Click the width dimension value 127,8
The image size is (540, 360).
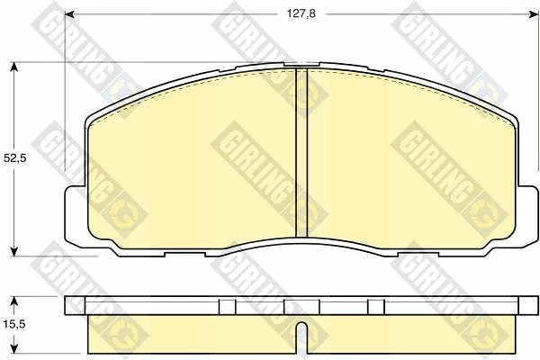301,13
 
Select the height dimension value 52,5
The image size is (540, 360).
15,158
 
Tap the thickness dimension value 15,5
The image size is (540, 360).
14,324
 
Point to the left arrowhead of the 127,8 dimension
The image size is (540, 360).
69,14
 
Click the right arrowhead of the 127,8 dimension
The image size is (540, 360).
534,14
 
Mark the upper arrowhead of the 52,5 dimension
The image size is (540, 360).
13,67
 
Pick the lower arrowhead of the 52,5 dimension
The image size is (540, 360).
13,251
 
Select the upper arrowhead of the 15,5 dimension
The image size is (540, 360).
13,301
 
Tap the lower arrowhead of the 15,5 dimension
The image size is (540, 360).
13,348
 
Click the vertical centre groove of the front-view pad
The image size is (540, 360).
301,153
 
